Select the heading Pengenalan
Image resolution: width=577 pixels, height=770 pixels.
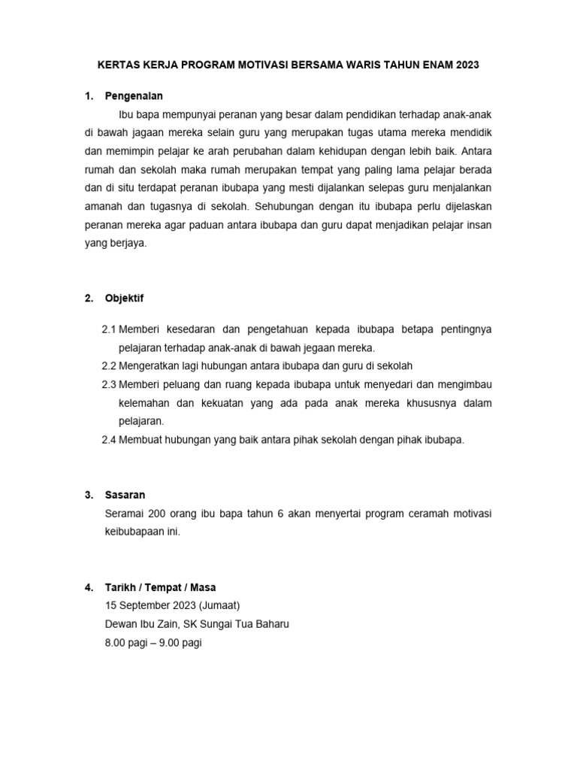pos(134,96)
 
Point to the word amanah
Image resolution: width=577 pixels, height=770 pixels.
pos(125,206)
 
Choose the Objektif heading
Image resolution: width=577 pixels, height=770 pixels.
pos(124,299)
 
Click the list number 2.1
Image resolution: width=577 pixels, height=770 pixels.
pos(109,330)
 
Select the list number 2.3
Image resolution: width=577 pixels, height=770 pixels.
pos(109,385)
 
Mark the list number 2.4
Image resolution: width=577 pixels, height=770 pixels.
pos(109,440)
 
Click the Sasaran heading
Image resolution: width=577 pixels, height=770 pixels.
pos(125,495)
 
